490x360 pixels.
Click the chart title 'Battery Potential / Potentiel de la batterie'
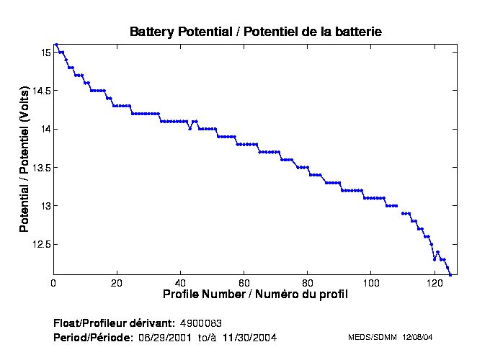255,32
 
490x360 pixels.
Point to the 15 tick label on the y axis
45,53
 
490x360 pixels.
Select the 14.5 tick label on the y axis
41,91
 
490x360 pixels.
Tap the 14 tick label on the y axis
45,129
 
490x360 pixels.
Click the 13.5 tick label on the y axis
41,168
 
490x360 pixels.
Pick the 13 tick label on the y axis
45,206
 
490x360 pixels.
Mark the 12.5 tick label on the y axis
41,245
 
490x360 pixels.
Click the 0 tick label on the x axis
53,283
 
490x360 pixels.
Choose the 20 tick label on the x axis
117,283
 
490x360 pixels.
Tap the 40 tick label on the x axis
180,283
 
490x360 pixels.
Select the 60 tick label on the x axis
244,283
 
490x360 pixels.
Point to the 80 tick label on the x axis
307,283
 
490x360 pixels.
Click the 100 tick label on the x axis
370,283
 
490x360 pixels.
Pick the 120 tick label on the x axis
434,283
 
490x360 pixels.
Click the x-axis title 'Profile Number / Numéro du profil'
255,294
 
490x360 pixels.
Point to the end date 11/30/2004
249,337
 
